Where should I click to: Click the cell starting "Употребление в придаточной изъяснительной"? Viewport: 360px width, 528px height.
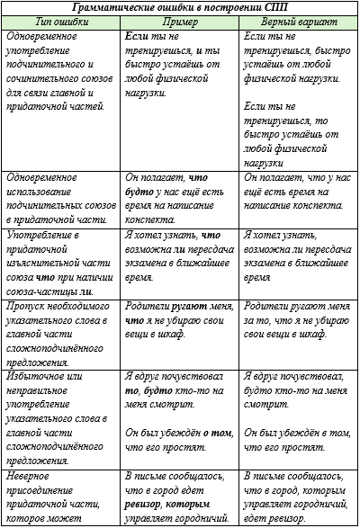pos(59,261)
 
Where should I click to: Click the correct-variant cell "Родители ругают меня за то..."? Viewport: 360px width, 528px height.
pos(299,319)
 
